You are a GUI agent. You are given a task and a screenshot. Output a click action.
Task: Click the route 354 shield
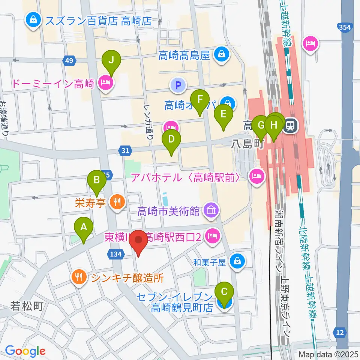click(344, 27)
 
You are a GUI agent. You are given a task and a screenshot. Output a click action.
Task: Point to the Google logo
click(25, 351)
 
